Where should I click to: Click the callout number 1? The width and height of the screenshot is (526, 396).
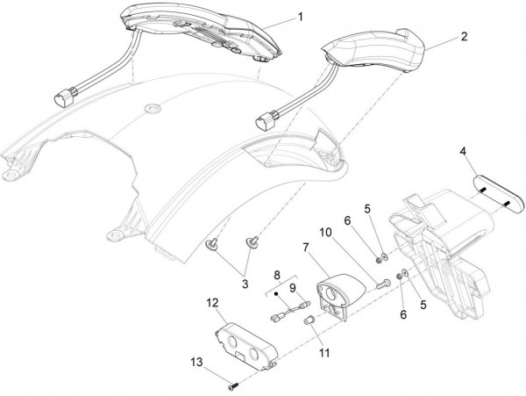tap(301, 17)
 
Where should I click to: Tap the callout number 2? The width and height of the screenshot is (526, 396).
tap(464, 36)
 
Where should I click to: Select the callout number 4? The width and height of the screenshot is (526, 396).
tap(463, 152)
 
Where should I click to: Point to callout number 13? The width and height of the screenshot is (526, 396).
tap(197, 362)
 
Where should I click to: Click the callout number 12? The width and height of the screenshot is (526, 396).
tap(212, 303)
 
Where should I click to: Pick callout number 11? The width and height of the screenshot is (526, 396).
tap(324, 353)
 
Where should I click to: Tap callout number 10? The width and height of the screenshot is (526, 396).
tap(325, 232)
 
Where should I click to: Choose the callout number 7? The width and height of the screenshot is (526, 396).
tap(306, 248)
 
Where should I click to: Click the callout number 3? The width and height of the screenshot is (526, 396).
tap(245, 284)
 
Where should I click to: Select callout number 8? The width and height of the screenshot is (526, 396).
tap(277, 275)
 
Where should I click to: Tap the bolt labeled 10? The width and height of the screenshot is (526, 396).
tap(383, 284)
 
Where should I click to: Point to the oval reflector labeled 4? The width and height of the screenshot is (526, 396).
tap(499, 194)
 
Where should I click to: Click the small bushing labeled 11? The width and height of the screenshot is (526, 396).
tap(309, 320)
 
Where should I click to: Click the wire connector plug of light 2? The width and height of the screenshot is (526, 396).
tap(267, 123)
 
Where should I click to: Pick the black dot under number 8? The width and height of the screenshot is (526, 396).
tap(277, 294)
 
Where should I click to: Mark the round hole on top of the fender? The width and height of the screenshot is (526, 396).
tap(153, 108)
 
